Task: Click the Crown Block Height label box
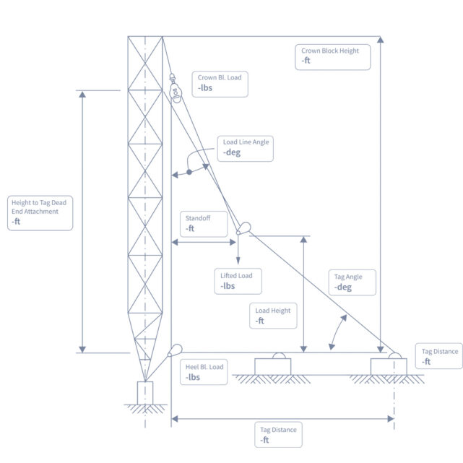[333, 56]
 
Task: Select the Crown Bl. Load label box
[220, 83]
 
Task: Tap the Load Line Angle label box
[246, 147]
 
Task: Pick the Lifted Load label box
[241, 280]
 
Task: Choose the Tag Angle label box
[354, 282]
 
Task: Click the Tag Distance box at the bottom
[279, 434]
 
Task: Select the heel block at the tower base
[173, 352]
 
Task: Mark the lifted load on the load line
[243, 229]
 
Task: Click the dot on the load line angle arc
[189, 172]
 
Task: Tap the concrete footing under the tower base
[145, 393]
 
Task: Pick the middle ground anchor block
[272, 365]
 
